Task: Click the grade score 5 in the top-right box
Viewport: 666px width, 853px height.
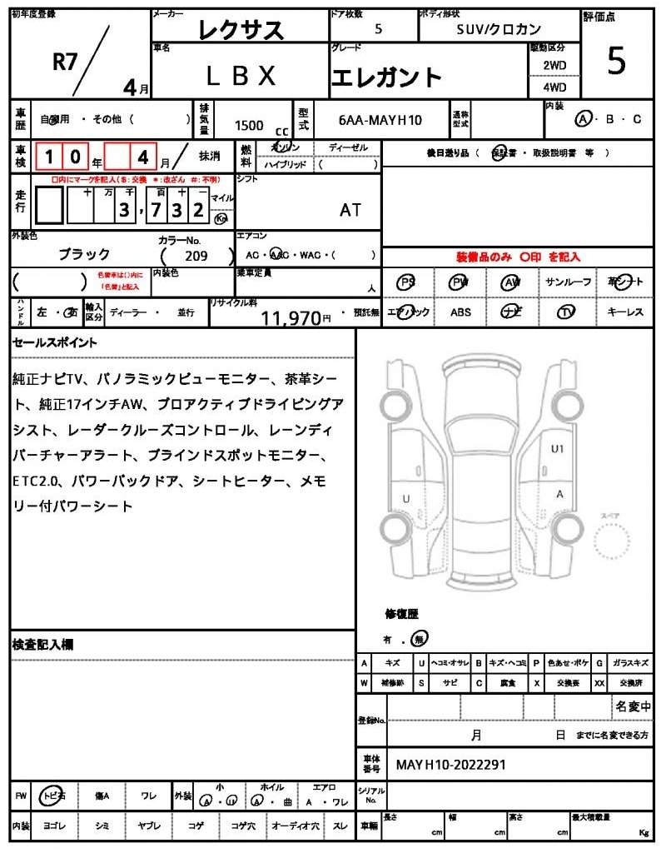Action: coord(616,62)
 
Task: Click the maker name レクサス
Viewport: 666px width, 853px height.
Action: coord(241,30)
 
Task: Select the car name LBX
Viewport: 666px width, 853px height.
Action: coord(241,76)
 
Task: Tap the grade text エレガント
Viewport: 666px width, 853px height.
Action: coord(386,77)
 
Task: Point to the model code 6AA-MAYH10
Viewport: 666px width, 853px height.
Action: coord(380,120)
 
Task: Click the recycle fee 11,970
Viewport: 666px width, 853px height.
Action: coord(291,317)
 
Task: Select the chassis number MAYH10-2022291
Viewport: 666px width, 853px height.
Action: coord(450,764)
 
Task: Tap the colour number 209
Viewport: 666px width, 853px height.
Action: coord(197,257)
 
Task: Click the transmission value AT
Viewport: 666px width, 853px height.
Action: coord(350,210)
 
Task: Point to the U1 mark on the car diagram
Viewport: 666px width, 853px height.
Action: coord(558,448)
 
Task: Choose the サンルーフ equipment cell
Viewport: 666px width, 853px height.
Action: coord(569,282)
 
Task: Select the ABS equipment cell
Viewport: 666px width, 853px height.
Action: coord(460,312)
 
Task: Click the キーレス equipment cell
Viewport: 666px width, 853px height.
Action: coord(625,312)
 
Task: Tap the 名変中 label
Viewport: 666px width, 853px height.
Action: coord(633,707)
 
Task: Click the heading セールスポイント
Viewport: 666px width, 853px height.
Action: coord(55,342)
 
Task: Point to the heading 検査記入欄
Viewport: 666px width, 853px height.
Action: coord(43,645)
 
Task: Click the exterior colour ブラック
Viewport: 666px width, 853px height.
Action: coord(84,254)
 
